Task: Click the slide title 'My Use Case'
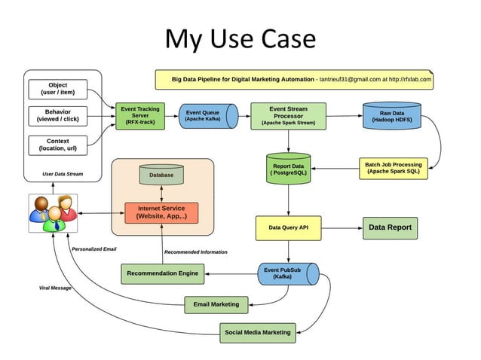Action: pos(240,38)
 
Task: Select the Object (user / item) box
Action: pos(57,90)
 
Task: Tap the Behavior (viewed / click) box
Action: pos(57,117)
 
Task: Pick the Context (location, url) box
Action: pos(57,145)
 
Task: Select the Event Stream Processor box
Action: pos(288,116)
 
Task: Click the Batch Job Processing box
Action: pos(393,168)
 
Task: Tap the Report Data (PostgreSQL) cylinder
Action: pos(288,169)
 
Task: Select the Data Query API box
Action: pos(288,227)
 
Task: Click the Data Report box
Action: pos(389,227)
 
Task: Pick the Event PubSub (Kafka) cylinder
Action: pos(288,273)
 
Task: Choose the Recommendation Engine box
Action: pos(162,273)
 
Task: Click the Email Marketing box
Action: pos(216,304)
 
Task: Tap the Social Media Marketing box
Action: pos(257,331)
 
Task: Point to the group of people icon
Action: pos(52,212)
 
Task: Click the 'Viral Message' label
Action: pos(55,288)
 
